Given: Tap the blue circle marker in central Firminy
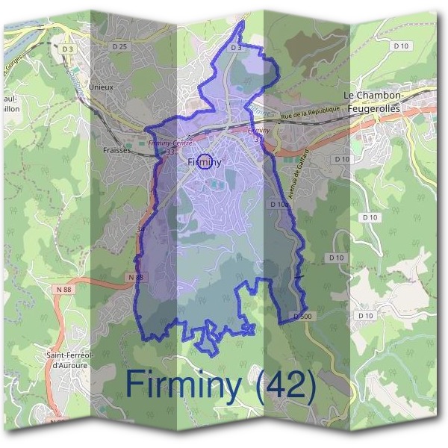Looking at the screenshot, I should (x=207, y=161).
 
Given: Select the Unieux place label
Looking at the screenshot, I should (x=101, y=87).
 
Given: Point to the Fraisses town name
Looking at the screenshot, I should (x=115, y=149).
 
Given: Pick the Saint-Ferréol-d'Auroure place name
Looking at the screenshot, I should (x=69, y=360).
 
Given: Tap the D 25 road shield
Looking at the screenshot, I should (x=119, y=47).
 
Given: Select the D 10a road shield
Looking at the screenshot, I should (x=278, y=204).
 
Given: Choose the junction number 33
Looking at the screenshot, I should (x=171, y=152).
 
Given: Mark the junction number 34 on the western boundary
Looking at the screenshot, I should (x=142, y=229).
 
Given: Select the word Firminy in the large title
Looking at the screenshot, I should (x=184, y=385).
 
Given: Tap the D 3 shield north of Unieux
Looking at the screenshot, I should (x=68, y=49).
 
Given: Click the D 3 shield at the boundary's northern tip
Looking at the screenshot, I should (x=236, y=47).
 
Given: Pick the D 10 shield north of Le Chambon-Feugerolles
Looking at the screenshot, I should (x=401, y=46).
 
